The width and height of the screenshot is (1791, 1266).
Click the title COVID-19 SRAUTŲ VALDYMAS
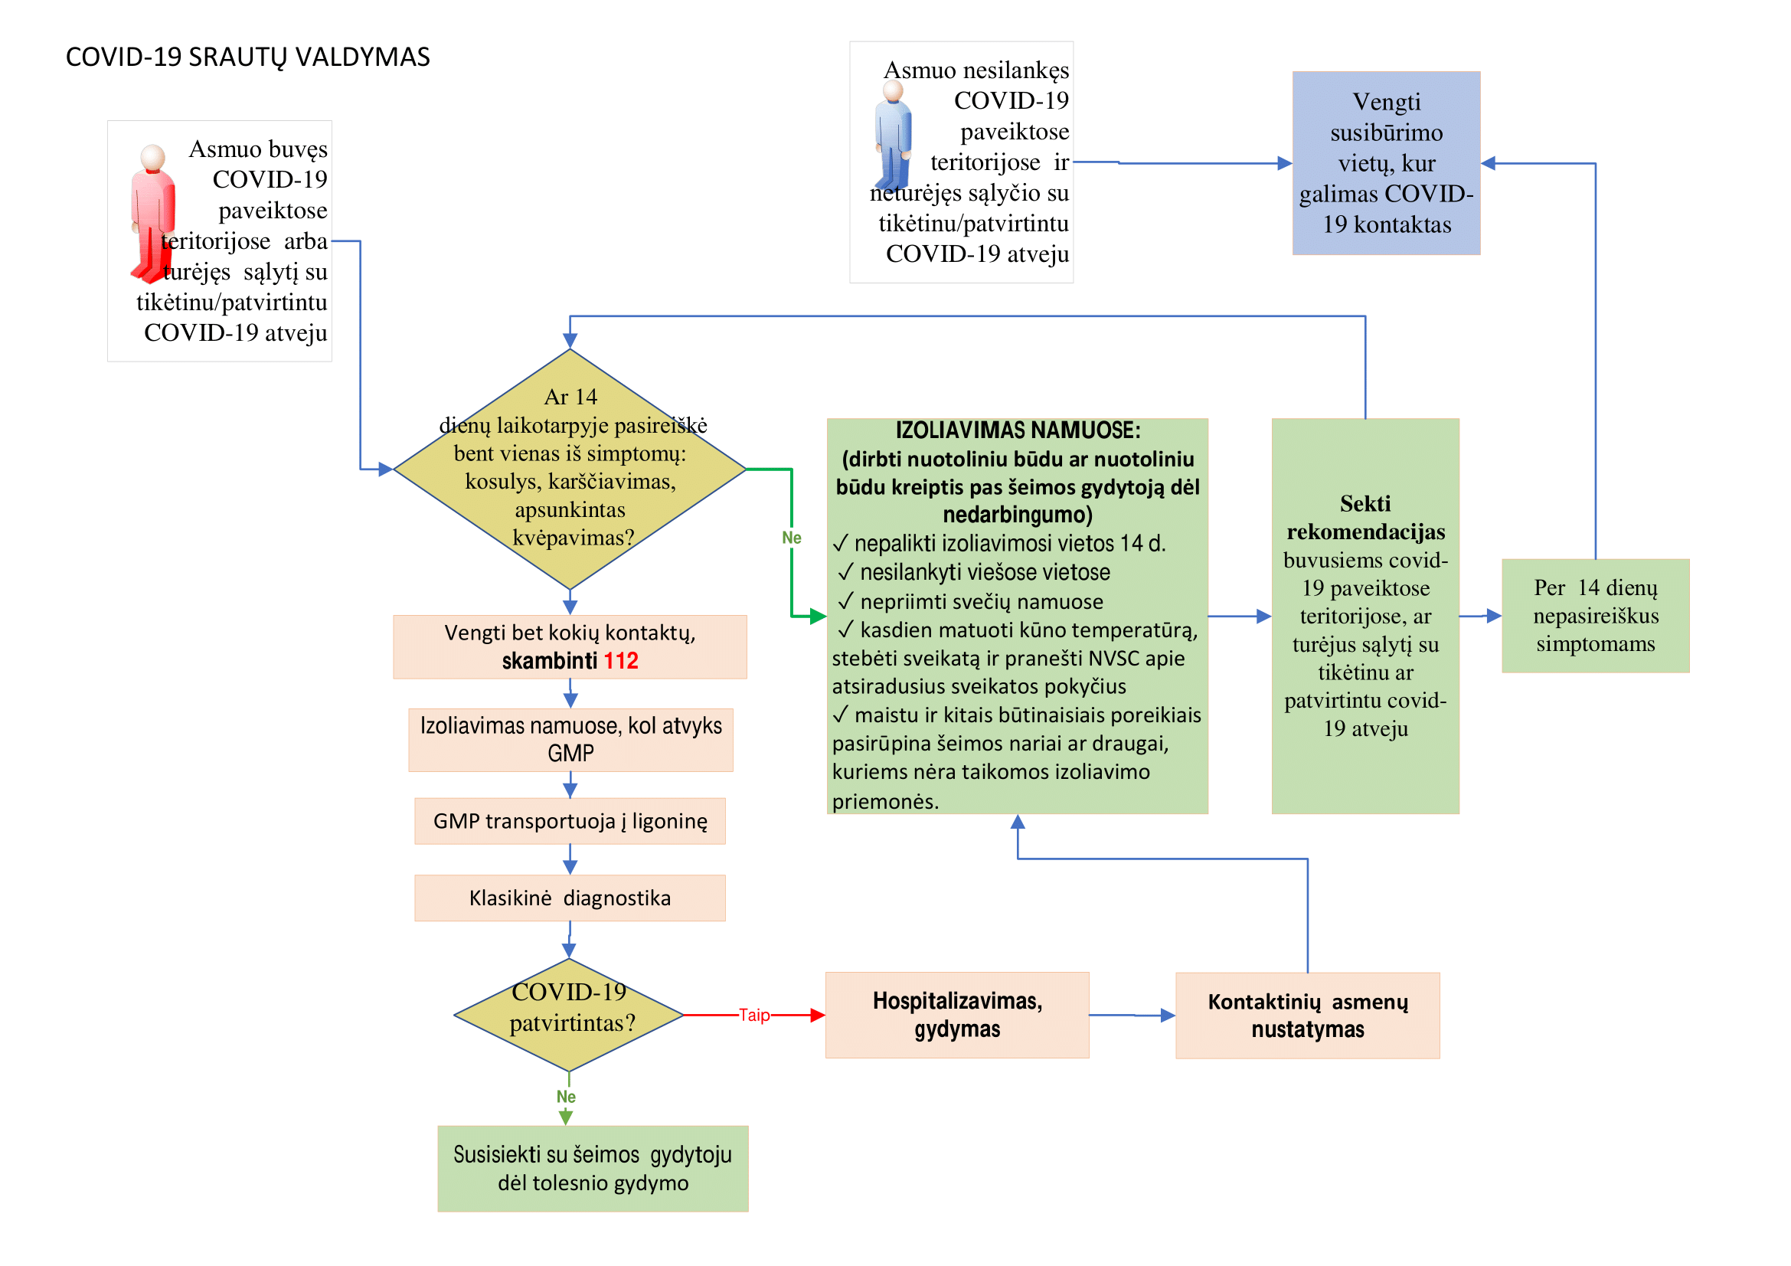tap(247, 57)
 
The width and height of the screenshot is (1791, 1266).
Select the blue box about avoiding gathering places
tap(1386, 163)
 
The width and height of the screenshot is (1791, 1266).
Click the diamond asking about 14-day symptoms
tap(570, 469)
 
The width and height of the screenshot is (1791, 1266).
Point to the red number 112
tap(621, 661)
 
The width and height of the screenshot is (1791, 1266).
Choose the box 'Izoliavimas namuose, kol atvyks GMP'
tap(570, 740)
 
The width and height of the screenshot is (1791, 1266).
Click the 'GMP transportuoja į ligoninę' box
tap(570, 820)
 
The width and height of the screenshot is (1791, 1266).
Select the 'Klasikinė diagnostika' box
tap(570, 898)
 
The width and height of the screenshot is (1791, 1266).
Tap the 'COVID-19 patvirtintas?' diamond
tap(570, 1015)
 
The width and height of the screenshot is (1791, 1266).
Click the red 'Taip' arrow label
tap(754, 1015)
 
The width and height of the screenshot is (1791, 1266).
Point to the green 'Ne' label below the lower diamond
tap(567, 1097)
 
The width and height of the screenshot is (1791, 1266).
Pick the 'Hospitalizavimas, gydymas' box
tap(957, 1015)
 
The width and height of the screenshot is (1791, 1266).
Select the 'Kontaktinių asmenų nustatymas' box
tap(1307, 1015)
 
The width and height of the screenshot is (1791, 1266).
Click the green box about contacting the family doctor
tap(593, 1169)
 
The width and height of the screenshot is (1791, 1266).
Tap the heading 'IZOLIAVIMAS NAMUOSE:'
tap(1018, 430)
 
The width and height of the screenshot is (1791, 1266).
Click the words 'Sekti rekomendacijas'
tap(1366, 517)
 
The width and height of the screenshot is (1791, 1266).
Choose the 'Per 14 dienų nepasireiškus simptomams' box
tap(1595, 616)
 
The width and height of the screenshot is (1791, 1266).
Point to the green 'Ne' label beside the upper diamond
tap(792, 538)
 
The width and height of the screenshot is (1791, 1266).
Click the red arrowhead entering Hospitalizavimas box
tap(819, 1015)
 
